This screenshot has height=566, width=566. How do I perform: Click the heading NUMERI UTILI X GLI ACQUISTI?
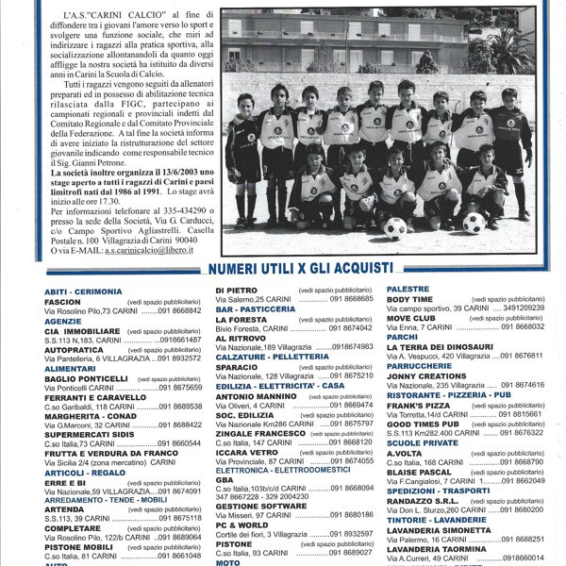299,269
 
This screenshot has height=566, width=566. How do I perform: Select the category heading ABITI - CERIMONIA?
83,291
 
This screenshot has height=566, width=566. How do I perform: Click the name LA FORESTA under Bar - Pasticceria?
241,320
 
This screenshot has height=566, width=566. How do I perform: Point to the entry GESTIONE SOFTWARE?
261,506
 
